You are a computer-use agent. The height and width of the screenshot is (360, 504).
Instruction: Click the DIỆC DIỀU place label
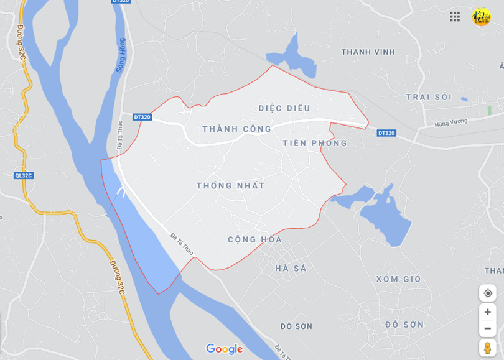coord(284,108)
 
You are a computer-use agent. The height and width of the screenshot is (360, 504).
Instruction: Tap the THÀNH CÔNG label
coord(237,129)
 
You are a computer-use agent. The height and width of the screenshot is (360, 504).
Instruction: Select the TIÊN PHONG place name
coord(315,143)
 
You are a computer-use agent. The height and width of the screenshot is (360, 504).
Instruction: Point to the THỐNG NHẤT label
coord(230,185)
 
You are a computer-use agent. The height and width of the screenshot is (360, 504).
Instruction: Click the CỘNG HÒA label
coord(254,239)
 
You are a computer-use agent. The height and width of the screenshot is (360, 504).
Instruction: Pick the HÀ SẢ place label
coord(291,269)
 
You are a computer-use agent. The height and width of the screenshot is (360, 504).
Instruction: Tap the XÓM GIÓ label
coord(398,279)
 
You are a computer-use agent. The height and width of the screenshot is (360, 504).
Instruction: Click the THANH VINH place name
coord(368,52)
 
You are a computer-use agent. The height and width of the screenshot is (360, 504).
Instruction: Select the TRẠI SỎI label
coord(429,97)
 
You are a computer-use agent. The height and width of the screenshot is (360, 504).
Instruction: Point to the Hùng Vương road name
coord(450,123)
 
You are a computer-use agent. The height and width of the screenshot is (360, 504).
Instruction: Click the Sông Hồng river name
coord(121,55)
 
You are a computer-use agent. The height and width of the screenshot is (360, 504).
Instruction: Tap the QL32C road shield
coord(23,175)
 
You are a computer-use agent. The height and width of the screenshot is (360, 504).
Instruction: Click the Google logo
coord(224,349)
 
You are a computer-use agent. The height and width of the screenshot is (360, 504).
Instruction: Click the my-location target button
coord(487,293)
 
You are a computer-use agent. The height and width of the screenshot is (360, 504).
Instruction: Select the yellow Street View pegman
coord(487,348)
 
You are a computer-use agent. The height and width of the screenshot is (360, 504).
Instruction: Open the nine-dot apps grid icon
coord(455,17)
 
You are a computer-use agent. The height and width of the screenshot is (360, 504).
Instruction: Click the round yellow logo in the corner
coord(481,17)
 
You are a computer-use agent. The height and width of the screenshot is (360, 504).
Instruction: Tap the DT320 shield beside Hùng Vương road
coord(386,133)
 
